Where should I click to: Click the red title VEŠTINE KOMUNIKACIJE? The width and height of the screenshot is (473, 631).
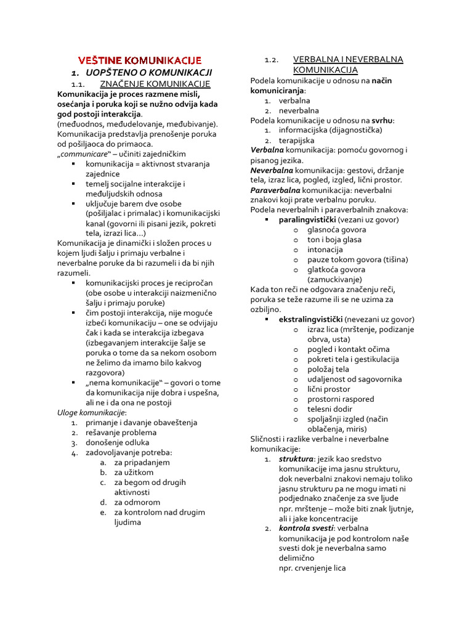tap(140, 60)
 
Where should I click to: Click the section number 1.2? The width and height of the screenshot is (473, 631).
tap(272, 60)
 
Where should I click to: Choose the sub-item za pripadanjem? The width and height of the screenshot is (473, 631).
tap(142, 462)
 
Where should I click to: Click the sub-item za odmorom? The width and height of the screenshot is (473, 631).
tap(136, 502)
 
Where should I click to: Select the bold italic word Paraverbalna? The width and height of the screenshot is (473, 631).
tap(275, 190)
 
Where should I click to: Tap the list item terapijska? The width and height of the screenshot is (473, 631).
tap(296, 140)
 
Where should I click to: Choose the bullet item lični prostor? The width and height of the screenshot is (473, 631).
tap(329, 389)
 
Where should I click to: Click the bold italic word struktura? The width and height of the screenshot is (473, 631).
tap(296, 458)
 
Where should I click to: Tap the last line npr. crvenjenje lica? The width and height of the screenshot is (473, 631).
tap(312, 568)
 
